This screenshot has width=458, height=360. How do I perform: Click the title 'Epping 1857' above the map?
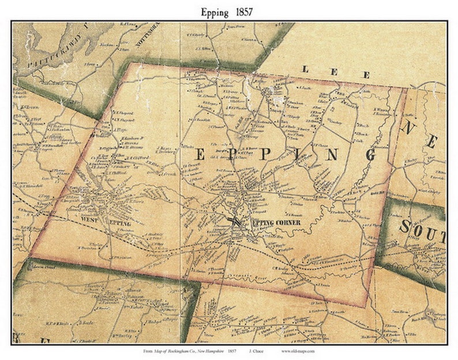[x=229, y=11]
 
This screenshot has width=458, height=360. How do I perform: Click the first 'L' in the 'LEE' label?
[x=306, y=69]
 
